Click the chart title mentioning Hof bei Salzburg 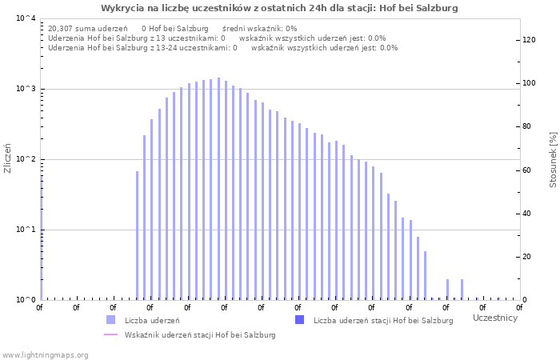click(280, 8)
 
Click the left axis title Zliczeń click(8, 158)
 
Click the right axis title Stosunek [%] click(553, 160)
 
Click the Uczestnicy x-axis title click(495, 318)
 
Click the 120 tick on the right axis click(529, 40)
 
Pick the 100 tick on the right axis click(529, 83)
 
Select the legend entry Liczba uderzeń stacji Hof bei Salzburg click(383, 321)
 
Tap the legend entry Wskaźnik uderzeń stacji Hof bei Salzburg click(200, 335)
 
